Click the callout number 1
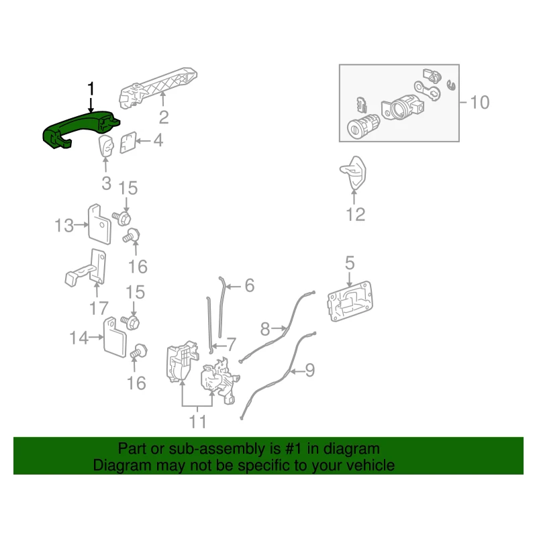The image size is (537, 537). coord(91,89)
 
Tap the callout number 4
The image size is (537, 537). coord(158,141)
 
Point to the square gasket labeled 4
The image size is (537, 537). coord(128,143)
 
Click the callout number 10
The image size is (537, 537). coord(481,103)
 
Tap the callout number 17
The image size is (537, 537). coord(99,309)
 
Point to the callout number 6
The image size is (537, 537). coord(249,286)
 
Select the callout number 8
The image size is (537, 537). coord(264,329)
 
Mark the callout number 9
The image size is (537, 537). coord(309,369)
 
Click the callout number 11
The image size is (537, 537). coord(198,422)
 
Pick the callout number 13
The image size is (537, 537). coord(64,226)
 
